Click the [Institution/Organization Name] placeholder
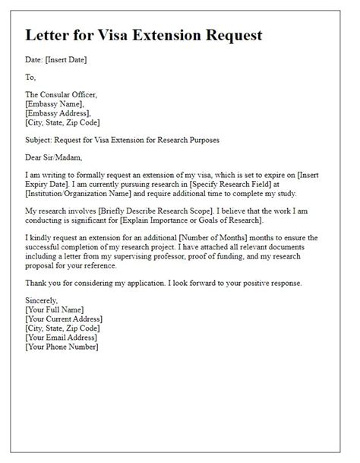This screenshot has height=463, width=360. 81,194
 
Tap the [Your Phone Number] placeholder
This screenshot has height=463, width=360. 62,347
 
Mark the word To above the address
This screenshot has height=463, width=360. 30,77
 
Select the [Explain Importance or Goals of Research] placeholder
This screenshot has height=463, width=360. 221,220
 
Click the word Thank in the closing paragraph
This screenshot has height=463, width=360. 37,283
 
